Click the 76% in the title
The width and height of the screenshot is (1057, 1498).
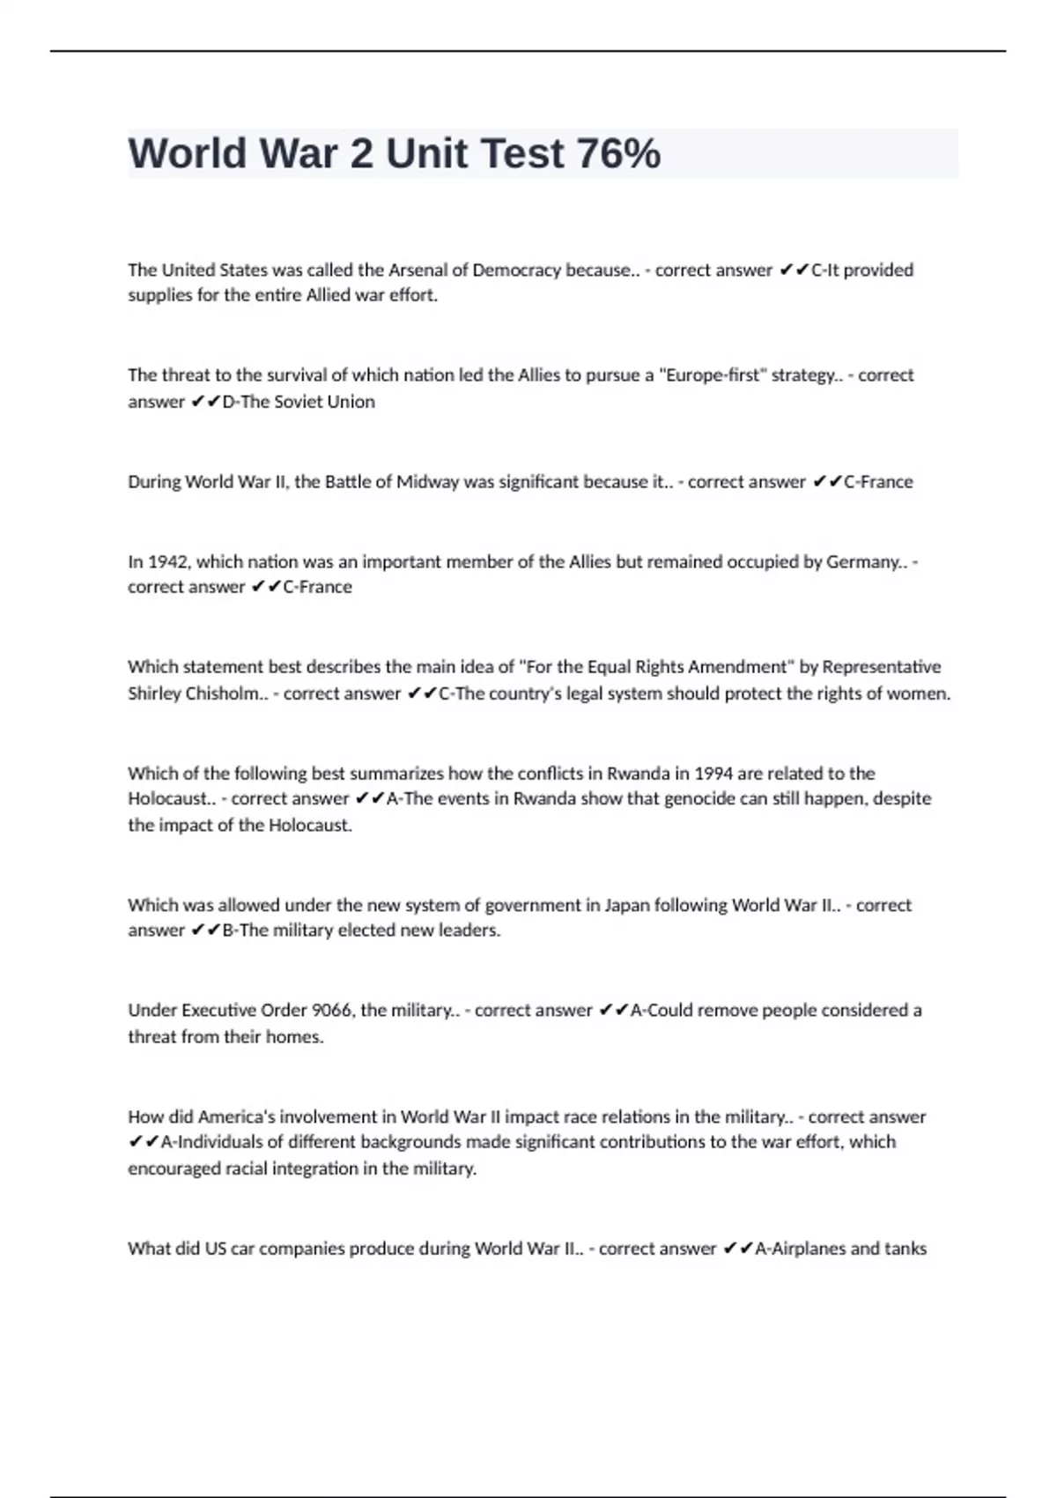618,153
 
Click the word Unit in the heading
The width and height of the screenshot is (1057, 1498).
426,153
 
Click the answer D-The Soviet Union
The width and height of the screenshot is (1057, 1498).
299,402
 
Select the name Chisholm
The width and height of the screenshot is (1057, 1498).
222,693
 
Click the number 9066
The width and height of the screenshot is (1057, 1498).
332,1011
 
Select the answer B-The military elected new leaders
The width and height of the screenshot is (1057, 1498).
361,931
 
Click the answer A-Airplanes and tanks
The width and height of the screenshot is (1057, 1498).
840,1249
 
